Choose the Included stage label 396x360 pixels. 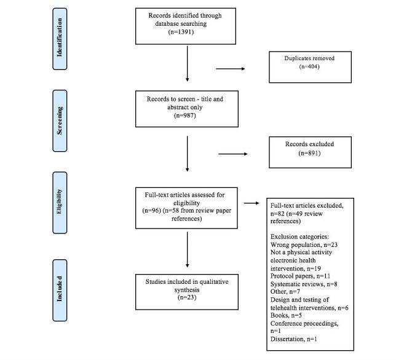(61, 282)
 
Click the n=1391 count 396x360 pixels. (186, 33)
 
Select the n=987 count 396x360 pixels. (186, 114)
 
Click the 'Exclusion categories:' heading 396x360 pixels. (299, 236)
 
